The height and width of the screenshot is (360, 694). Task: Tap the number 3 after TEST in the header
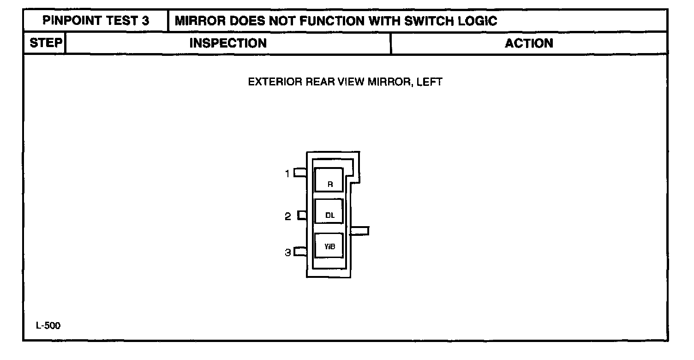pyautogui.click(x=146, y=21)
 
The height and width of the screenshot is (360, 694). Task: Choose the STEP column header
pyautogui.click(x=45, y=43)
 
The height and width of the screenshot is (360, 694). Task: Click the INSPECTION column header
pyautogui.click(x=228, y=43)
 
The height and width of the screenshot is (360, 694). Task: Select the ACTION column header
pyautogui.click(x=529, y=43)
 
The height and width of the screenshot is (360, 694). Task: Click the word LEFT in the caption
pyautogui.click(x=430, y=82)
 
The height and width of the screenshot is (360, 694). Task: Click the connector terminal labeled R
pyautogui.click(x=329, y=180)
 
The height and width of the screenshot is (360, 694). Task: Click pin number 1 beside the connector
pyautogui.click(x=287, y=174)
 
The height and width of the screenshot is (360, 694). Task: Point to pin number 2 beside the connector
pyautogui.click(x=288, y=216)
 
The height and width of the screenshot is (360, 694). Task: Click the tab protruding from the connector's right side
pyautogui.click(x=360, y=231)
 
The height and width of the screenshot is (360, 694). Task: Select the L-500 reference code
pyautogui.click(x=48, y=326)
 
